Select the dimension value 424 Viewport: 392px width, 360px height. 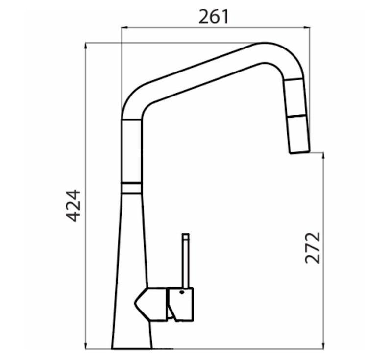(x=73, y=205)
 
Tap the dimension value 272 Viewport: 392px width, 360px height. (x=313, y=248)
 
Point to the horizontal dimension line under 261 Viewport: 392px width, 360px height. (x=216, y=28)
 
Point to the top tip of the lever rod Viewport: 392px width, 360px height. (x=185, y=235)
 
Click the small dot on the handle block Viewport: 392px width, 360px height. (x=182, y=292)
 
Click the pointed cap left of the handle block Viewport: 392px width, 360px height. (x=146, y=303)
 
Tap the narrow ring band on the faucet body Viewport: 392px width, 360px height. (x=131, y=188)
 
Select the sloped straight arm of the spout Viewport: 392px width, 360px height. (x=206, y=73)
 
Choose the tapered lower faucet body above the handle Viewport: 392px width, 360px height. (x=131, y=235)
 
